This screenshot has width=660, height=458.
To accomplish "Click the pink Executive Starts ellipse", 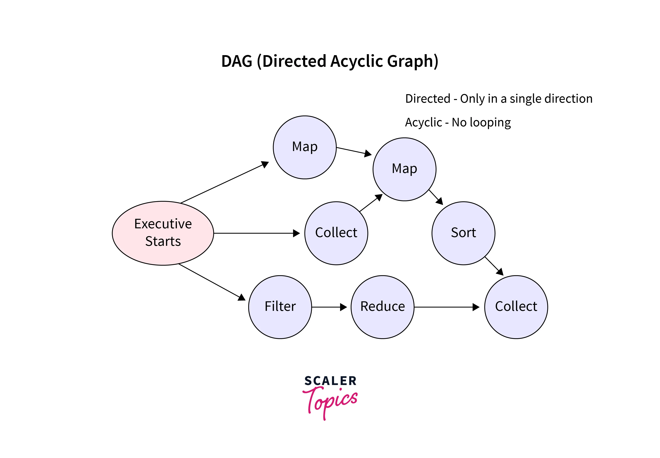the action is [163, 233].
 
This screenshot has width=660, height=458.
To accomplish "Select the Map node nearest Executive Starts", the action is [305, 147].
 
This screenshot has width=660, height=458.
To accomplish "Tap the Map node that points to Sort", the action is [404, 169].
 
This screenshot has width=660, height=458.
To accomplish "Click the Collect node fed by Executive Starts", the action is [336, 233].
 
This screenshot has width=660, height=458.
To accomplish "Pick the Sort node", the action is [463, 233].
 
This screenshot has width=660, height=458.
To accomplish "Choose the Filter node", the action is [280, 307].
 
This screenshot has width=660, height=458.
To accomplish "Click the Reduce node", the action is [382, 307].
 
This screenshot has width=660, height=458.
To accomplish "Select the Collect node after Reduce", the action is [516, 307].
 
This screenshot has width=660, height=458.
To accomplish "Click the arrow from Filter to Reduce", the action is [329, 307].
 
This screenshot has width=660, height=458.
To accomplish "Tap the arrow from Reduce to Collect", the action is [447, 307].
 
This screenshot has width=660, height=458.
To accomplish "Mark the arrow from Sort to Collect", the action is [494, 266].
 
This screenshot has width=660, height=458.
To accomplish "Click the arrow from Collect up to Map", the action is [371, 203].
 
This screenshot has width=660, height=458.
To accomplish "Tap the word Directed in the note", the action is [428, 98].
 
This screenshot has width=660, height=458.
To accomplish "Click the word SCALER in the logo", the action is [330, 381].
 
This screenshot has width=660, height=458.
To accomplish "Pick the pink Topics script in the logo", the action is [330, 402].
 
